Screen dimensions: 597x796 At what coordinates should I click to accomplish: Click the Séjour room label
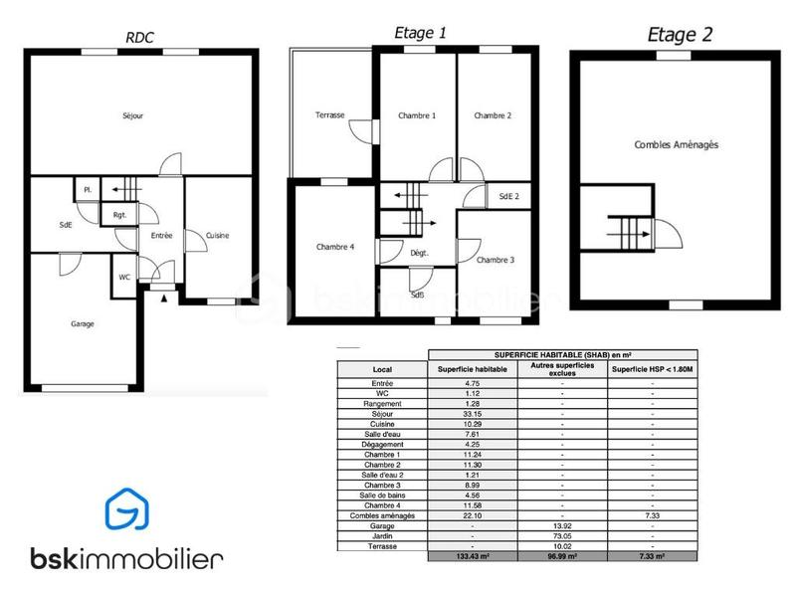point(133,116)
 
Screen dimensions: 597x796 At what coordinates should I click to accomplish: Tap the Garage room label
point(83,324)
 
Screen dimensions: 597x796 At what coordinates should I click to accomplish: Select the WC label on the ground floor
point(124,278)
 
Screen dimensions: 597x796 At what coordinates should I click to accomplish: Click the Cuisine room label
point(217,236)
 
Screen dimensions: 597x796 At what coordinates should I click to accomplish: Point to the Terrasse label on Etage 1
point(330,115)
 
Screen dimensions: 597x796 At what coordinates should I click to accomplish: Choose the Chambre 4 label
point(335,247)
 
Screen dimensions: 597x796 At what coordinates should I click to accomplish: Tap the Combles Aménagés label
point(677,144)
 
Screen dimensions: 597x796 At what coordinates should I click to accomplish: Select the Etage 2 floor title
point(680,35)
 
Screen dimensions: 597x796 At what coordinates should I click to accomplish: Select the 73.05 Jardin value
point(562,534)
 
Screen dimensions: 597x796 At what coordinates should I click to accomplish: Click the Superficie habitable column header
point(473,369)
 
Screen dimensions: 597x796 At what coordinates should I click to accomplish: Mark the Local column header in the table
point(382,369)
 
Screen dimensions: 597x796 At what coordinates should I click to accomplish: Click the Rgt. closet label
point(119,214)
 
